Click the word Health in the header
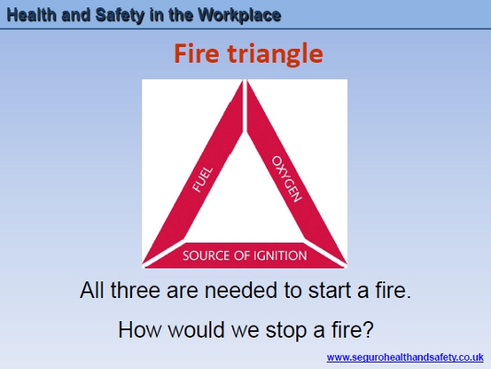click(31, 15)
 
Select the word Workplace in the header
click(240, 16)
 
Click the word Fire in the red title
click(197, 54)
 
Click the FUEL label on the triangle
click(202, 180)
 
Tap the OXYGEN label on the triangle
click(287, 179)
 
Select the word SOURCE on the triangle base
click(207, 256)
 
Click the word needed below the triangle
click(241, 291)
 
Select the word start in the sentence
click(329, 291)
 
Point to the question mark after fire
click(368, 329)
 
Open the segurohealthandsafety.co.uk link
click(405, 357)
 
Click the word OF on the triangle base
click(242, 256)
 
